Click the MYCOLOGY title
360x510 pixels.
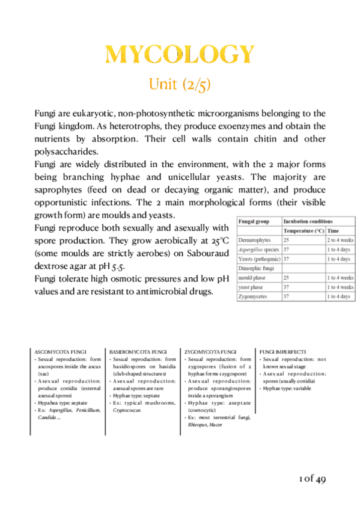tap(180, 54)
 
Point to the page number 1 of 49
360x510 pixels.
tap(312, 479)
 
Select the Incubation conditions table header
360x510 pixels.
tap(308, 221)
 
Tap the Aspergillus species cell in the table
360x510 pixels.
tap(258, 249)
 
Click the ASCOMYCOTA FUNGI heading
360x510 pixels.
tap(62, 351)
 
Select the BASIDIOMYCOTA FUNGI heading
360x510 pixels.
tap(138, 351)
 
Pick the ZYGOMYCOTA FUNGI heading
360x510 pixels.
tap(210, 351)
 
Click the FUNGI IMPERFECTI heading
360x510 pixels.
tap(282, 351)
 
